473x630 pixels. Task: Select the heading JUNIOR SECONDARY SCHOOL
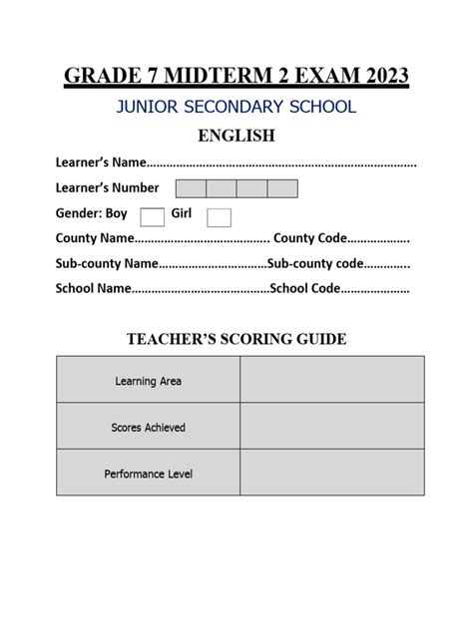[x=236, y=108]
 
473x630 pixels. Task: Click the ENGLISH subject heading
[x=236, y=136]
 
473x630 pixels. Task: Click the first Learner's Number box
[x=191, y=188]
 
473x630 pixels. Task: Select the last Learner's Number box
[x=282, y=188]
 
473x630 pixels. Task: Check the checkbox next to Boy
[x=153, y=216]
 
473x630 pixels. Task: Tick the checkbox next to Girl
[x=220, y=216]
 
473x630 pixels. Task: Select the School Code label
[x=305, y=289]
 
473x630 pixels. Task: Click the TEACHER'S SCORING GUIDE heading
[x=236, y=340]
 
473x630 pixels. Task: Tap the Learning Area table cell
[x=148, y=381]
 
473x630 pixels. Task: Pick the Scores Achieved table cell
[x=148, y=427]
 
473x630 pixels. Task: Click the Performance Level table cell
[x=148, y=473]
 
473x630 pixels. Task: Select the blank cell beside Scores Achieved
[x=331, y=427]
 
